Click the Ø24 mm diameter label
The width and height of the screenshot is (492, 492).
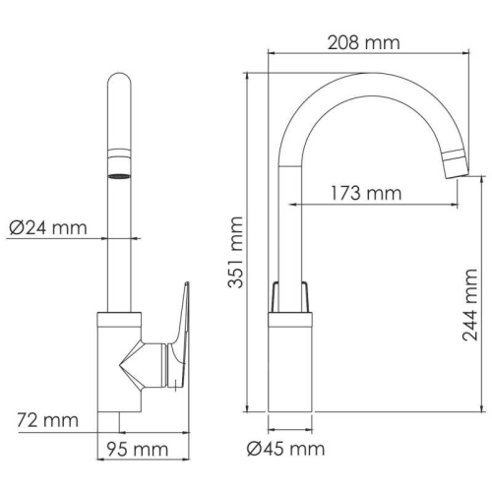(48, 228)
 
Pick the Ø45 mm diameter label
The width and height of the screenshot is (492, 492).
(286, 450)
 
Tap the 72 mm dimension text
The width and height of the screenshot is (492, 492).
(48, 421)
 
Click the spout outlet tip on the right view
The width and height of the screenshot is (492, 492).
(455, 165)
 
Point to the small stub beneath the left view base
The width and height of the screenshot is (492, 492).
(119, 423)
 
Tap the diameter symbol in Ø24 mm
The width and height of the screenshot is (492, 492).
(17, 228)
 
